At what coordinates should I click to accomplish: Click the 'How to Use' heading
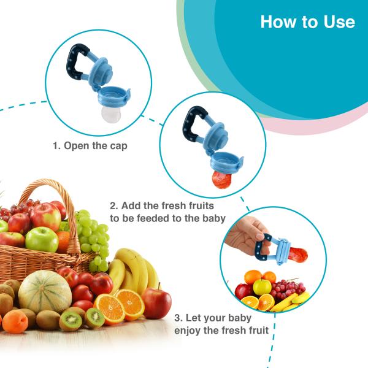point(307,22)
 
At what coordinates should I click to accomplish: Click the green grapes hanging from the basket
point(92,236)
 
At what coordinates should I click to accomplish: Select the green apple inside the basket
point(42,239)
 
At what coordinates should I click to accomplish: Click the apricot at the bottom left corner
point(13,321)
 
